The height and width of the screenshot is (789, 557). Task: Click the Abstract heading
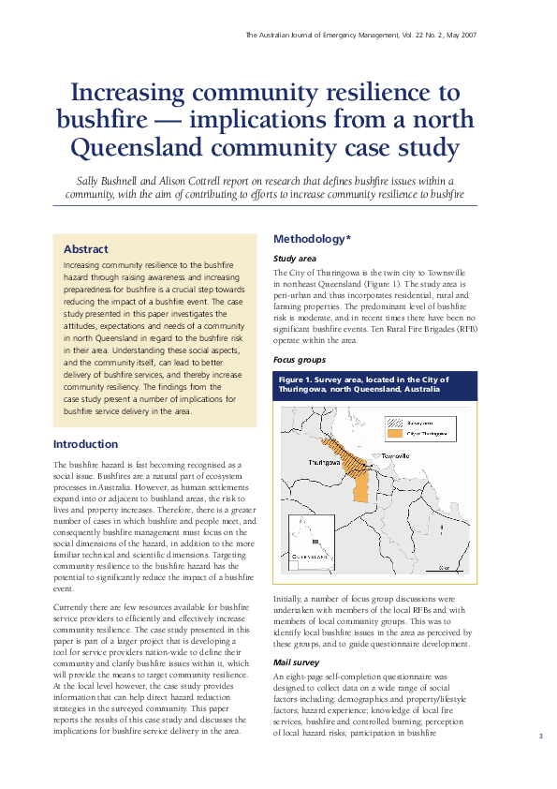pyautogui.click(x=86, y=249)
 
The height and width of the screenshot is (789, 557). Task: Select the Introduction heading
pyautogui.click(x=85, y=444)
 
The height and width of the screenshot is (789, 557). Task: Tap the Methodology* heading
pyautogui.click(x=312, y=239)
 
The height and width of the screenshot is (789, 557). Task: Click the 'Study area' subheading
pyautogui.click(x=294, y=258)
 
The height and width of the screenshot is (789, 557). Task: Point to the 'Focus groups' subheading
pyautogui.click(x=300, y=359)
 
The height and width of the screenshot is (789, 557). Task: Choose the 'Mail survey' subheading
pyautogui.click(x=296, y=661)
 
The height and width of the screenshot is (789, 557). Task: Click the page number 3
pyautogui.click(x=540, y=737)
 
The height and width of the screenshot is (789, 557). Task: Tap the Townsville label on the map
pyautogui.click(x=393, y=455)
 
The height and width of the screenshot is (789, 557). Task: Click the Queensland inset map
pyautogui.click(x=313, y=543)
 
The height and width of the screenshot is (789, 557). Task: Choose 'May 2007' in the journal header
pyautogui.click(x=457, y=34)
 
